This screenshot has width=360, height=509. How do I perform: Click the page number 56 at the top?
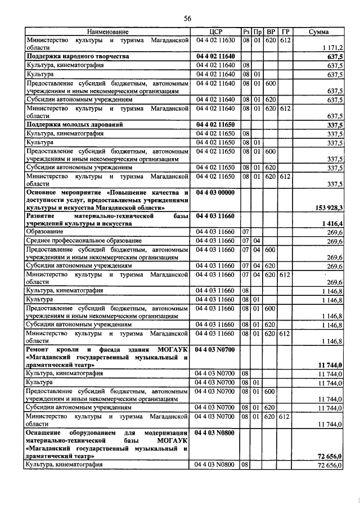coord(188,19)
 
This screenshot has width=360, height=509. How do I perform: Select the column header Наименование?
coord(107,31)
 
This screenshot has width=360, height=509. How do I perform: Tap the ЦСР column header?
coord(216,31)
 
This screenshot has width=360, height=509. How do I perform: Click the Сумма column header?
coord(318,31)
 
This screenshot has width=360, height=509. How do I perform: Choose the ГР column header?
coord(286,31)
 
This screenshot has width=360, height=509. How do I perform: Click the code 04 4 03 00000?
coord(215,192)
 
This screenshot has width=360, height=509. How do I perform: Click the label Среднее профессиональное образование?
coord(82,240)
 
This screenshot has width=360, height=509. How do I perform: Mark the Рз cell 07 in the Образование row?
coord(245,232)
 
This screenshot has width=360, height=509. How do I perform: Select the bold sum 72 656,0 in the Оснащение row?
coord(331,457)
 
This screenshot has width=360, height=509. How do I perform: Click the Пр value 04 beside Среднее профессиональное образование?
coord(256,240)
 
